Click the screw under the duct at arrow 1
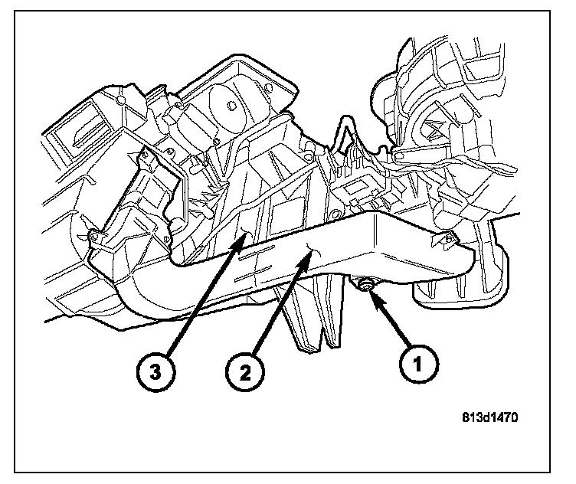click(364, 284)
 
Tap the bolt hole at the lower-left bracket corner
click(93, 234)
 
